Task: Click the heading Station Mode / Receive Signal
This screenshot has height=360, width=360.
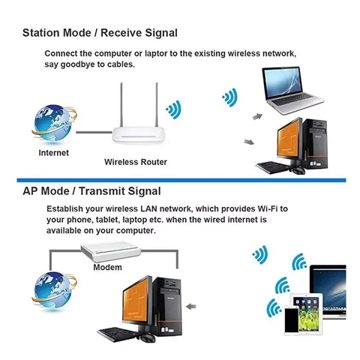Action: (x=100, y=32)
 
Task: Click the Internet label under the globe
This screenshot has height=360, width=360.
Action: (x=53, y=153)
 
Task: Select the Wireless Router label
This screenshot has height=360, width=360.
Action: (x=135, y=161)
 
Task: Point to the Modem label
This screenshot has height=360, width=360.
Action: (x=107, y=267)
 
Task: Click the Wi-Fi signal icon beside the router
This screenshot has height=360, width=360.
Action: (x=174, y=109)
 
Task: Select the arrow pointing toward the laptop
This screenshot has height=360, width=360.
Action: (x=256, y=116)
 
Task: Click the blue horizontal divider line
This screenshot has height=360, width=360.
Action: (x=180, y=181)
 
